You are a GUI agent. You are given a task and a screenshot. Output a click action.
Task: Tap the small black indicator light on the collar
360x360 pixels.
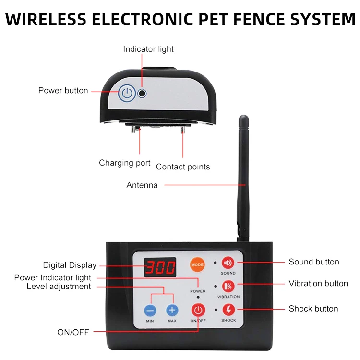click(142, 93)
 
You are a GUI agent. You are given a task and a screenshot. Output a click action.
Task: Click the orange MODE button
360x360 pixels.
click(197, 264)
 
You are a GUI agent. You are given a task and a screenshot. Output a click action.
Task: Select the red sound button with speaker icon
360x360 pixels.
click(228, 263)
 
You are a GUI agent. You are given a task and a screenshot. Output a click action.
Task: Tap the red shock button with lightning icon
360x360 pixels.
click(228, 310)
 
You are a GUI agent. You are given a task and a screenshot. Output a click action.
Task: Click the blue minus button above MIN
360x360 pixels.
click(151, 310)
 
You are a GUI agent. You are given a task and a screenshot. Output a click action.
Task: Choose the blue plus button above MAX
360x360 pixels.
click(172, 310)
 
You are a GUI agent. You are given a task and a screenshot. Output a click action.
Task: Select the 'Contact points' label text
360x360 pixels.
click(183, 167)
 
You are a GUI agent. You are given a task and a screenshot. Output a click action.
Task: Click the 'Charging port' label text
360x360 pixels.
click(125, 163)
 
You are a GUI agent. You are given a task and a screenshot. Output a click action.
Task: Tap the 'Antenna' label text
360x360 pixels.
click(142, 185)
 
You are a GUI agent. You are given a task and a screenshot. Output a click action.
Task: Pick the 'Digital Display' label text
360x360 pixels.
click(70, 265)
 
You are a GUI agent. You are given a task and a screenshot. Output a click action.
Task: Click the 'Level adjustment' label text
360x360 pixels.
click(59, 287)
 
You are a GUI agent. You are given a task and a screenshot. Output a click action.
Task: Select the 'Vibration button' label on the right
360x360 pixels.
click(318, 283)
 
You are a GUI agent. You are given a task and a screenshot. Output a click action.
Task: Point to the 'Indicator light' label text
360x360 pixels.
click(148, 49)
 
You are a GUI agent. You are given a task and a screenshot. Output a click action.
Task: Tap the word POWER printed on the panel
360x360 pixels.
click(198, 291)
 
